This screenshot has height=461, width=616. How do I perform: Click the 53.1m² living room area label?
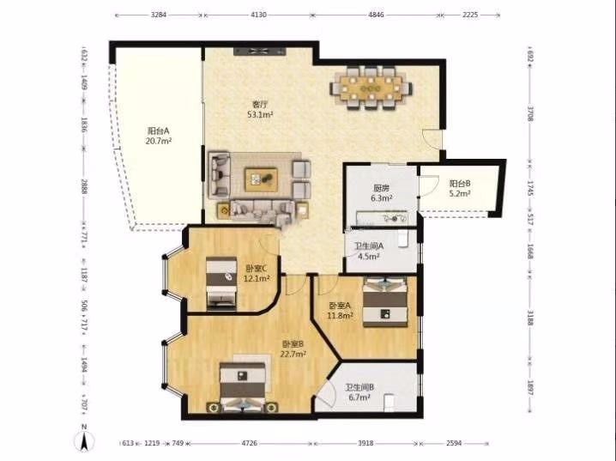260,115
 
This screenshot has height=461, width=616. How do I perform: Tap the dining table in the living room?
371,88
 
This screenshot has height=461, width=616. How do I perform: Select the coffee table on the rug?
261,179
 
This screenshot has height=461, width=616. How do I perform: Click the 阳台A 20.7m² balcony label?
159,136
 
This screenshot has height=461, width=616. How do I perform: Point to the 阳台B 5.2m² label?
460,188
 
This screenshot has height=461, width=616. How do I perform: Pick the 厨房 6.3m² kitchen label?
382,193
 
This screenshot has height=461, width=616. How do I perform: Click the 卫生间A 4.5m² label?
369,252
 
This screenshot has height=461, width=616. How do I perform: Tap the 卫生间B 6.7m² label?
359,392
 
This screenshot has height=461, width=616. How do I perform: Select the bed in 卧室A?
384,301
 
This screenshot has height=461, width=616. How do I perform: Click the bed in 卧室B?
243,387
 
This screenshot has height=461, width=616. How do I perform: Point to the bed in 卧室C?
221,282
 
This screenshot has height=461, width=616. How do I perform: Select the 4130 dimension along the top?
258,15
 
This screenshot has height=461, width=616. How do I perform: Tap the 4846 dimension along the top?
376,15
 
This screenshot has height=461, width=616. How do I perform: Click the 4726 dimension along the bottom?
249,443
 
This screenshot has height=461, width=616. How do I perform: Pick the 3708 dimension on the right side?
530,113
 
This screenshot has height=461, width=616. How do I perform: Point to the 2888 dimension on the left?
84,186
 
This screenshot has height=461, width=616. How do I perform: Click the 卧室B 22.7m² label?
293,349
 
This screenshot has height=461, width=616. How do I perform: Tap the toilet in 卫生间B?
389,403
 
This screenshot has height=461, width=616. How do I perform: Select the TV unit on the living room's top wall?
259,52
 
